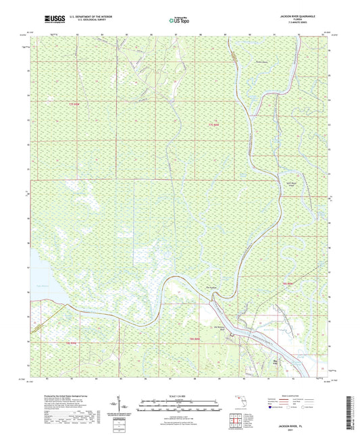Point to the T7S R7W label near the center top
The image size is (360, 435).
(x=213, y=124)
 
